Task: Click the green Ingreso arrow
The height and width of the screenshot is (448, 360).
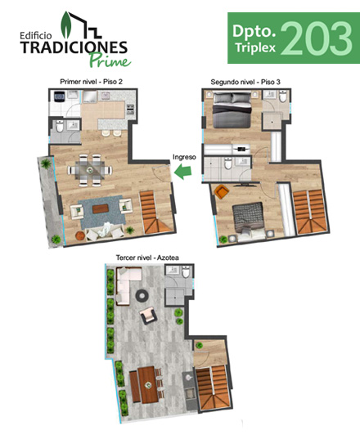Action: pos(183,172)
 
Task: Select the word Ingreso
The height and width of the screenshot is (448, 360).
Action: pos(184,157)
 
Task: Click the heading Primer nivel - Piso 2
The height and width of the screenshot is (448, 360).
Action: pos(91,82)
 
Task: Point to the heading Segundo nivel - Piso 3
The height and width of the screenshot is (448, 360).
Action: pos(245,83)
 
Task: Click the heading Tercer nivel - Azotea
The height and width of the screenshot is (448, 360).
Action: pos(147,258)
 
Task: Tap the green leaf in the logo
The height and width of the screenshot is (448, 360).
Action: pos(66,25)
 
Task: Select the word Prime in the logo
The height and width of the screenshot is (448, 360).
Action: pos(110,60)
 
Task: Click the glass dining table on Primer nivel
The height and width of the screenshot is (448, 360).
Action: pos(90,170)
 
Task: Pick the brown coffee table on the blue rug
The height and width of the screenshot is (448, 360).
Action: pos(101,208)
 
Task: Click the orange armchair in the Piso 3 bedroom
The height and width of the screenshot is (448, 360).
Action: pos(222,191)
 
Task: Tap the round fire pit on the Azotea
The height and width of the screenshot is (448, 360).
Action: pos(142,295)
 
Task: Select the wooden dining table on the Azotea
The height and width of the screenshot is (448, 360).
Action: pos(148,385)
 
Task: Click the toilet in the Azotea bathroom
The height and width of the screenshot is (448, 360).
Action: pos(186,272)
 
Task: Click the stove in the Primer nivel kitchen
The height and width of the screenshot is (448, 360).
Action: pos(130,110)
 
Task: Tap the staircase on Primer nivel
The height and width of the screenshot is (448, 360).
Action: pos(154,212)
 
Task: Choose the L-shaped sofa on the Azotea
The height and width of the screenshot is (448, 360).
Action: pos(126,284)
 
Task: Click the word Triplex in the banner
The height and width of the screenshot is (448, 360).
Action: pos(255,48)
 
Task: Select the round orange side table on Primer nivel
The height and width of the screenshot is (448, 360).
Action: pos(80,235)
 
